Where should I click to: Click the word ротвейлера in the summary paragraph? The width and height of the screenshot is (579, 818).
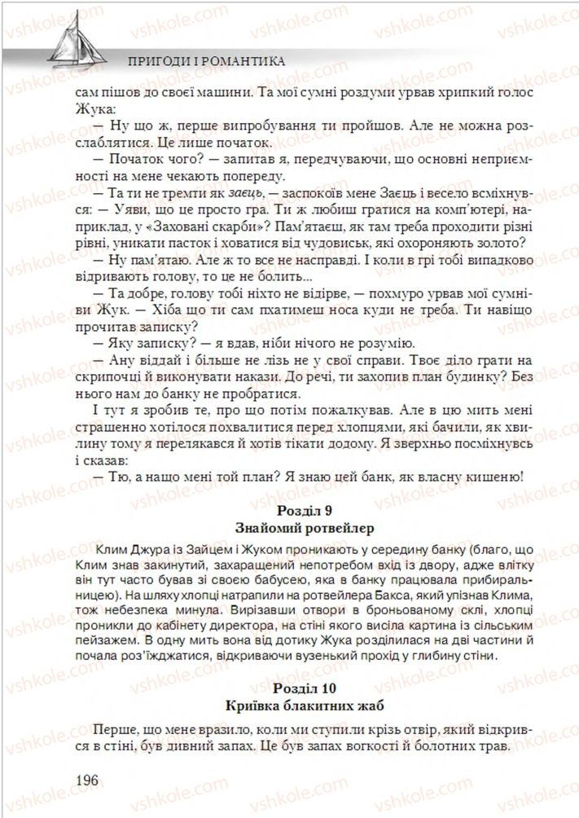(x=327, y=596)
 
